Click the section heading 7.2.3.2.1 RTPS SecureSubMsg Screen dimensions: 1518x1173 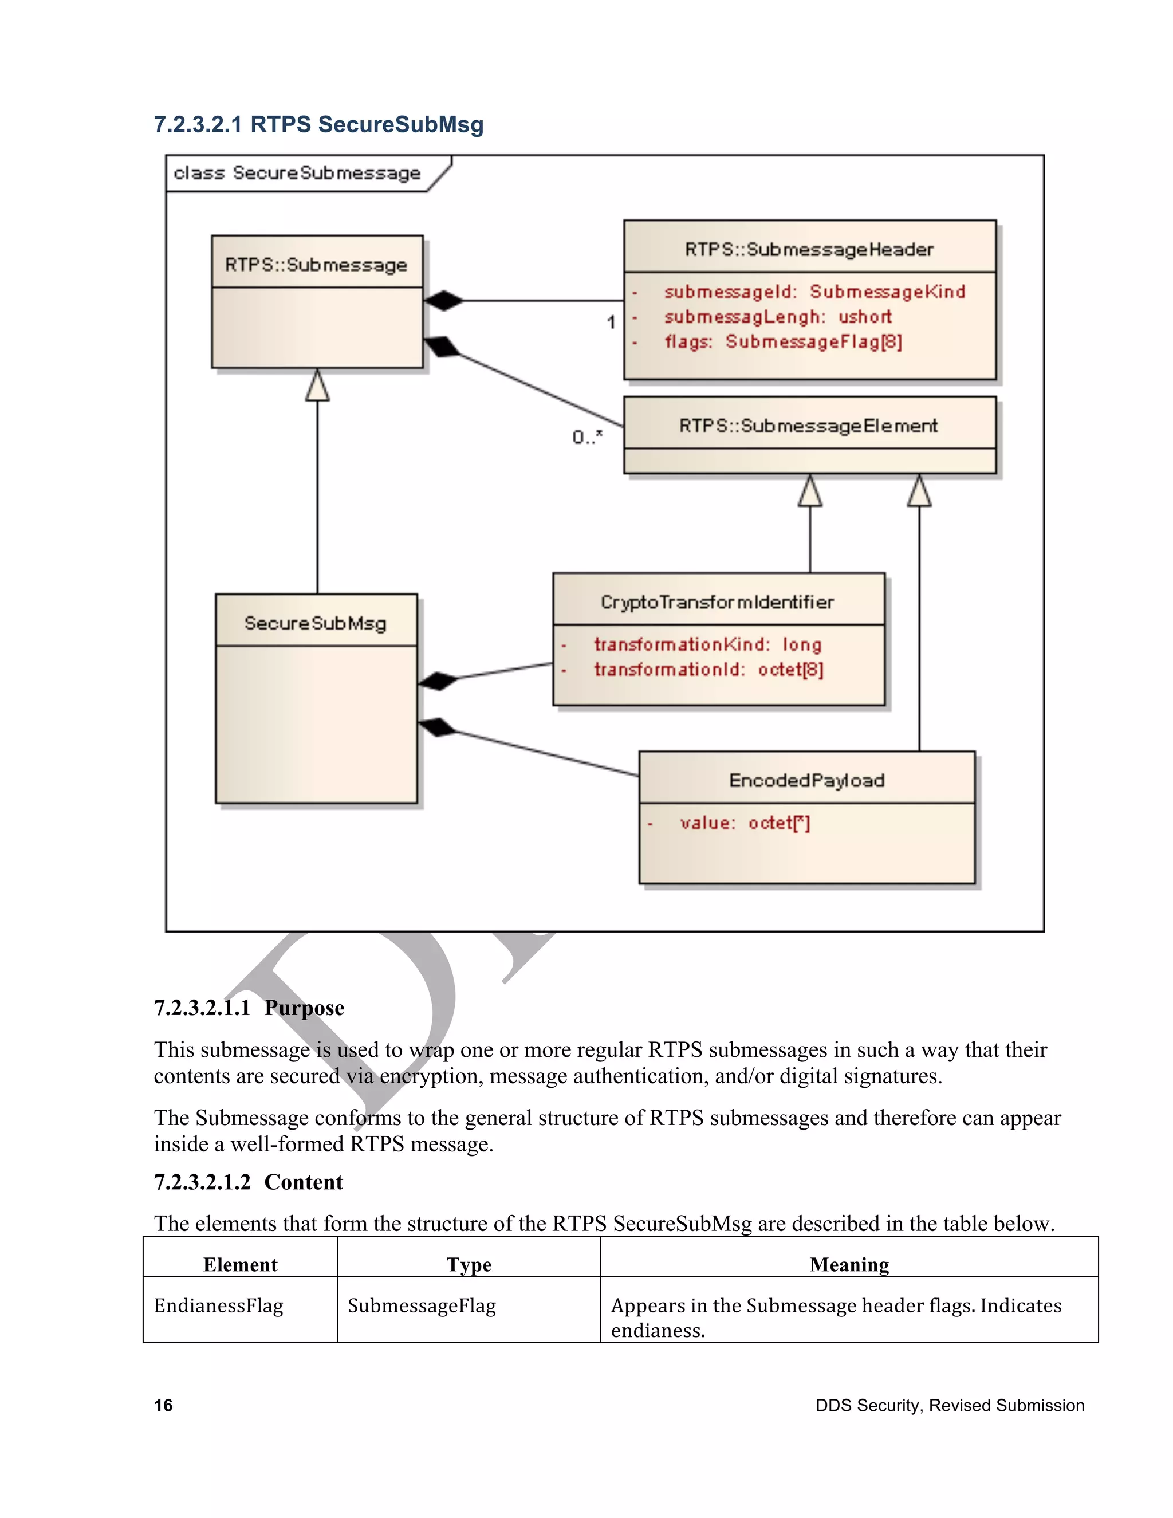(x=318, y=124)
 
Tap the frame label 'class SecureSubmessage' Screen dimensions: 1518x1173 (x=297, y=172)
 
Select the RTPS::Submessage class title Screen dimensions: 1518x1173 (x=316, y=265)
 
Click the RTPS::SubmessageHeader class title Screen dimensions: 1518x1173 (x=809, y=250)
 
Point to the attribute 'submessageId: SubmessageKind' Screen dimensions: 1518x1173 (x=814, y=292)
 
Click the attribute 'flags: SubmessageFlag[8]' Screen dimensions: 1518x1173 (x=782, y=342)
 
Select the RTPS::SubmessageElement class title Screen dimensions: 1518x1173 (x=808, y=426)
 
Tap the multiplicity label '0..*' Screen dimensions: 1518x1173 (x=587, y=437)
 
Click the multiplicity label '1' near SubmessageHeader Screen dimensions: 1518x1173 (x=611, y=322)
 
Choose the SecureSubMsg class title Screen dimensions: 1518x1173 (x=315, y=623)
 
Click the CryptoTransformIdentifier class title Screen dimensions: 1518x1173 (x=717, y=602)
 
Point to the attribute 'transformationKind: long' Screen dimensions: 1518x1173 (x=707, y=645)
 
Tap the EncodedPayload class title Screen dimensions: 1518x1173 (x=806, y=781)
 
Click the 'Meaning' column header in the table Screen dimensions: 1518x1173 (x=849, y=1264)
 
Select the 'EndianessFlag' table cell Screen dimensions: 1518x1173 (x=219, y=1305)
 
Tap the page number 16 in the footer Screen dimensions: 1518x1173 (x=163, y=1405)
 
